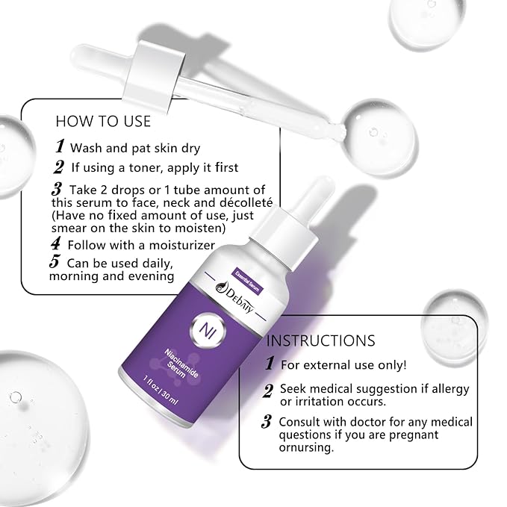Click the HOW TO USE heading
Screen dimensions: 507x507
coord(103,121)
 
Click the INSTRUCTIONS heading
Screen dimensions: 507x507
coord(321,340)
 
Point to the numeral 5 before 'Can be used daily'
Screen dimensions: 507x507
coord(55,262)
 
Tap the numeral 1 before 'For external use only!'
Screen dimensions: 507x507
coord(268,364)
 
